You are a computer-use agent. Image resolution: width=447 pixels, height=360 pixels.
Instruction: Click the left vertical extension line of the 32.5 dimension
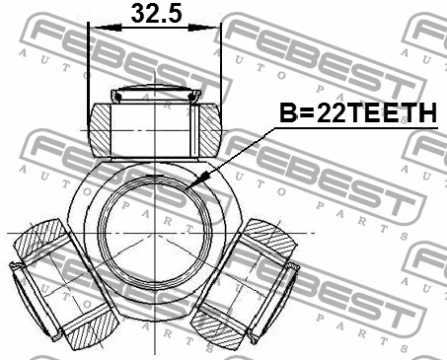88,69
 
